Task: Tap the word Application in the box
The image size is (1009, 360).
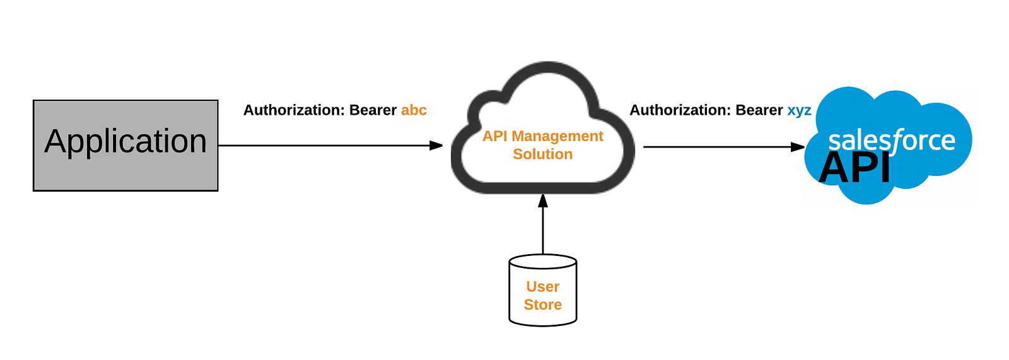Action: coord(125,141)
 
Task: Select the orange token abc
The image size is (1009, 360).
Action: coord(414,110)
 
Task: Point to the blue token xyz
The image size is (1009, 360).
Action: coord(799,110)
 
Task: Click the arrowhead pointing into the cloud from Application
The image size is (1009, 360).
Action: coord(436,146)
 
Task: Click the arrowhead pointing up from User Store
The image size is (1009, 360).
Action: coord(543,201)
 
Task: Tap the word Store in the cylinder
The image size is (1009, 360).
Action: coord(543,305)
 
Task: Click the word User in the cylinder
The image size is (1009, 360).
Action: coord(543,287)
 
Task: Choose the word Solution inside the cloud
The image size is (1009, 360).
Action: coord(543,154)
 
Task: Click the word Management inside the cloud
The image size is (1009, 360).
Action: coord(557,136)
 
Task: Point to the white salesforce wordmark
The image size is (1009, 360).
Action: coord(891,140)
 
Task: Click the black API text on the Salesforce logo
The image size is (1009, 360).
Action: coord(854,168)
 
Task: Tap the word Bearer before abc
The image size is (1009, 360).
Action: coord(373,110)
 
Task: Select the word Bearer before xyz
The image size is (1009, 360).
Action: coord(759,110)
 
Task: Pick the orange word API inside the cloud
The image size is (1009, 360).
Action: coord(495,136)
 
